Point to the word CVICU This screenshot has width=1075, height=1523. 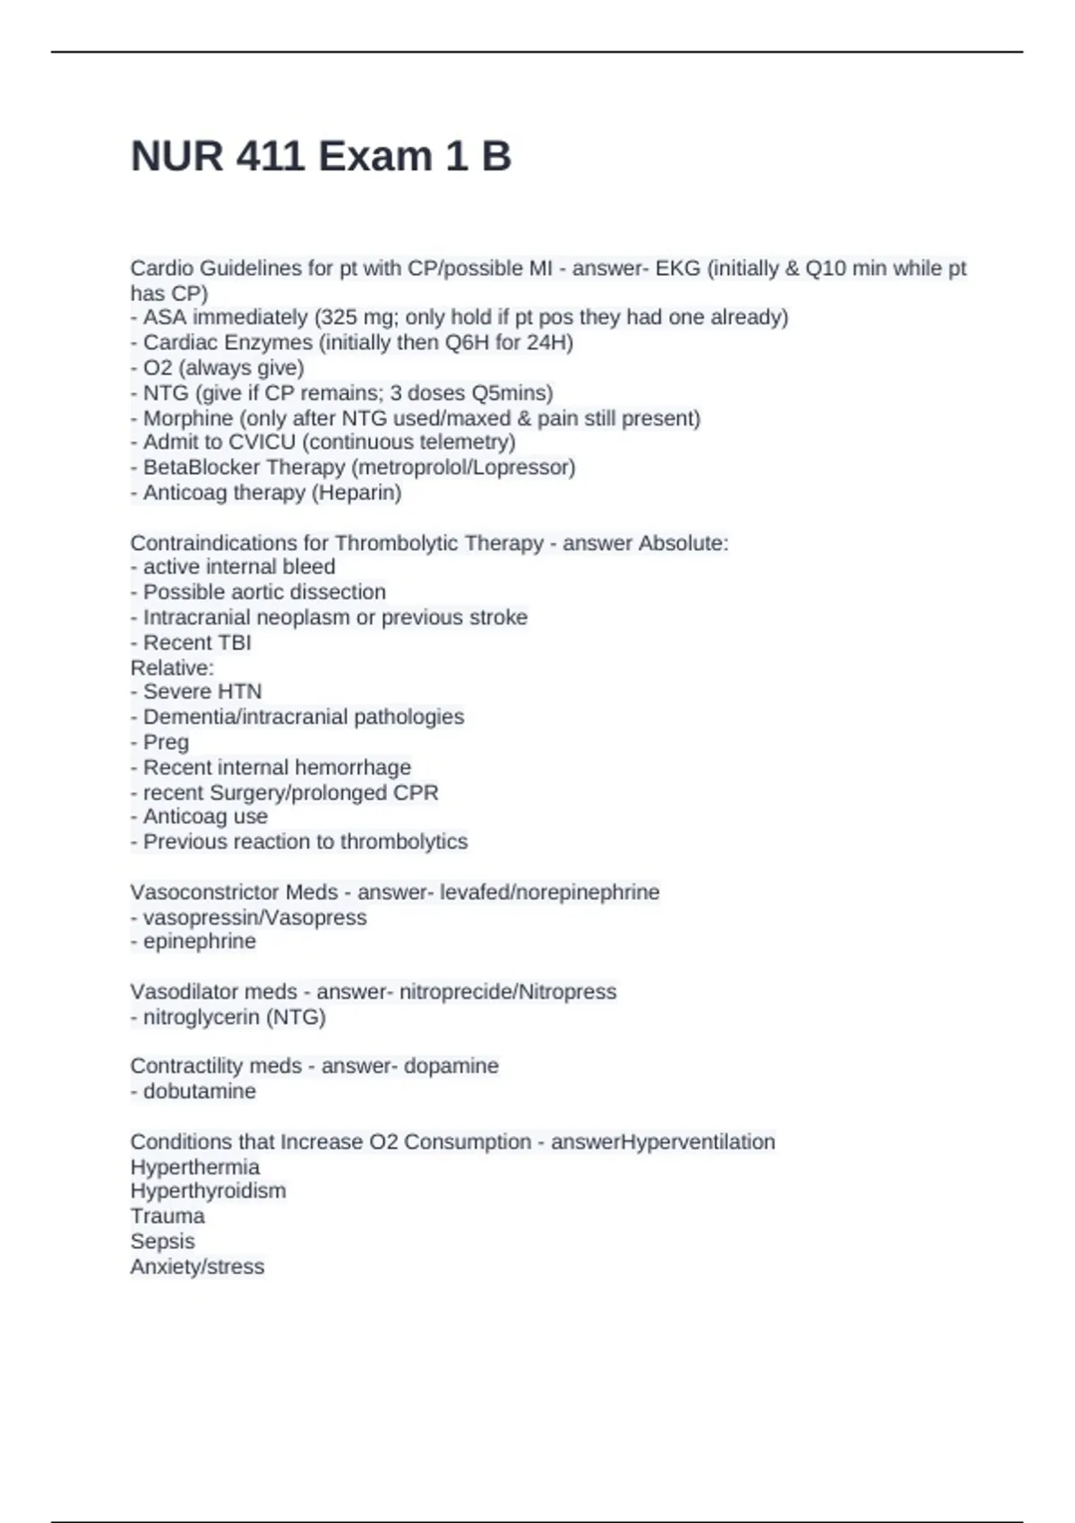click(x=262, y=443)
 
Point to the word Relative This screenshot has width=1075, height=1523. click(x=171, y=667)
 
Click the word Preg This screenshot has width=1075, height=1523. click(x=166, y=743)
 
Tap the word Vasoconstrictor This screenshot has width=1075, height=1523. click(x=204, y=892)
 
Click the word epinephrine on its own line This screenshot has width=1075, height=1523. click(x=199, y=942)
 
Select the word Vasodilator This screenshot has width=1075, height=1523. click(x=183, y=992)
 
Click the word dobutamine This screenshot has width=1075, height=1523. click(x=199, y=1091)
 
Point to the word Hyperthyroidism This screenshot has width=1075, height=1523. click(x=208, y=1192)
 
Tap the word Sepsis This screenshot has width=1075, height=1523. click(x=162, y=1242)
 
